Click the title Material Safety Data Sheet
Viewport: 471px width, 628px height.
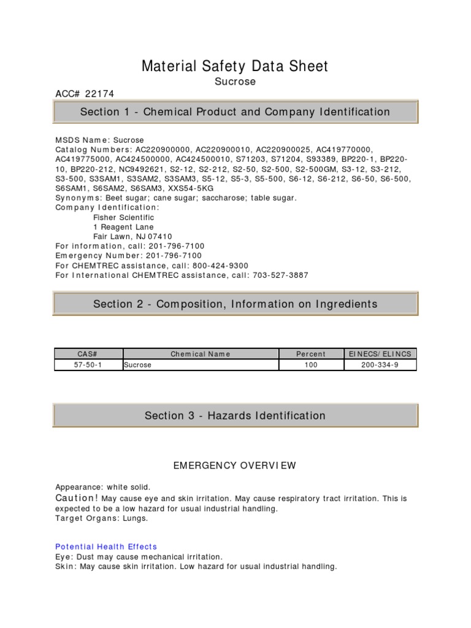(235, 66)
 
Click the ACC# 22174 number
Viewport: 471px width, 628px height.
(85, 94)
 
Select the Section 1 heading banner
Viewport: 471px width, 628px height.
(235, 112)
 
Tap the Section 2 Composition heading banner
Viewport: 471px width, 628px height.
(235, 304)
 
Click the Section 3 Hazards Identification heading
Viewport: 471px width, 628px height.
(235, 416)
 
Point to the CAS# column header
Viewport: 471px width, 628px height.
(88, 354)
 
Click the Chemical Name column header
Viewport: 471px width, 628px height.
(201, 354)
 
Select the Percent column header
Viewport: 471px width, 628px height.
(311, 354)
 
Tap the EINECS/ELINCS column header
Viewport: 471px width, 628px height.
(380, 354)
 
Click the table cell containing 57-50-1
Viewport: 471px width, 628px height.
(88, 365)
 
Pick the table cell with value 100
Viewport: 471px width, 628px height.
(311, 365)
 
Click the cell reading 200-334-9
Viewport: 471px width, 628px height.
(380, 365)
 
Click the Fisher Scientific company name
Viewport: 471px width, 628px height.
(123, 218)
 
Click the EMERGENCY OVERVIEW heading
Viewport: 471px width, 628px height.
(235, 466)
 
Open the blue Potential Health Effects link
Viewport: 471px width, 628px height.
(106, 546)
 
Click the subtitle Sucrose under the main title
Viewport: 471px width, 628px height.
(235, 82)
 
